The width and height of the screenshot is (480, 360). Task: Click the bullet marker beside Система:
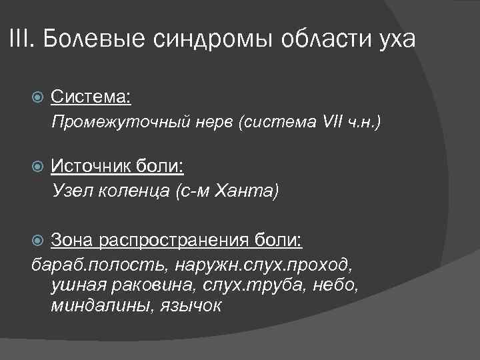pyautogui.click(x=38, y=98)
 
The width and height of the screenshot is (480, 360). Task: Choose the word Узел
pyautogui.click(x=69, y=191)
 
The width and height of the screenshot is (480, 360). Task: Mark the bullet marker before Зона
pyautogui.click(x=38, y=239)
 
